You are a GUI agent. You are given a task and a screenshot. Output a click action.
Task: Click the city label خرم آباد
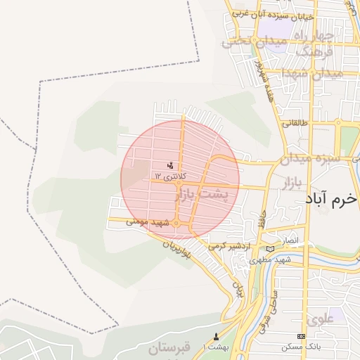(331, 199)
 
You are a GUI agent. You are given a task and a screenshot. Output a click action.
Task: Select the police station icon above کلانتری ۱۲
(170, 165)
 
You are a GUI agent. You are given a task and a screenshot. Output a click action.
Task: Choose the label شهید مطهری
(268, 259)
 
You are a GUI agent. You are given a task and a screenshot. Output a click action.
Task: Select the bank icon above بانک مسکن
(302, 337)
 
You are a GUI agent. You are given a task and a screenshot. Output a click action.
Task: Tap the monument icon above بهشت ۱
(215, 336)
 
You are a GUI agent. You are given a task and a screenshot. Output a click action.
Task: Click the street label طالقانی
(295, 122)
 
